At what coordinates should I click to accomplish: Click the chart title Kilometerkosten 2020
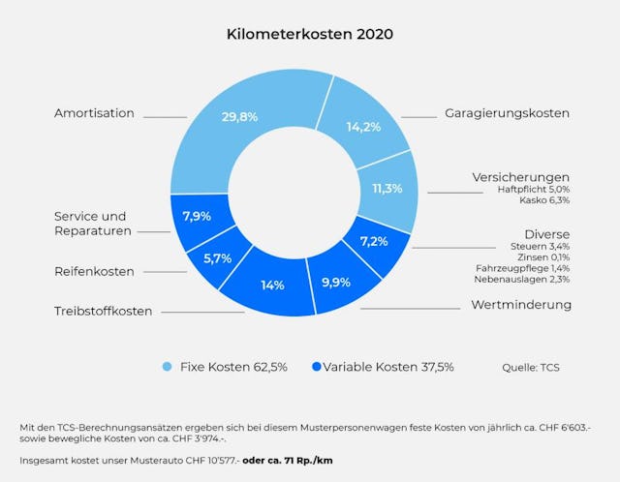click(x=310, y=34)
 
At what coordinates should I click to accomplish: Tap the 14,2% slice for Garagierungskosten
click(x=362, y=127)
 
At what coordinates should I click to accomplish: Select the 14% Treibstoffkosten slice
click(x=273, y=286)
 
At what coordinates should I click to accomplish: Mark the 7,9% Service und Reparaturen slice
click(x=197, y=215)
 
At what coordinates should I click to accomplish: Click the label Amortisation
click(x=94, y=113)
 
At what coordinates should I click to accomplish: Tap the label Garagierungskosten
click(x=507, y=113)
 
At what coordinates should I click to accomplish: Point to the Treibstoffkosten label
click(x=103, y=311)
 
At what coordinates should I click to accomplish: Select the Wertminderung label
click(x=521, y=305)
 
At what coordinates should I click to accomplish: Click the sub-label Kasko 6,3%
click(x=546, y=201)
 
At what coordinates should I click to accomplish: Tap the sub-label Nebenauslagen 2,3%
click(x=521, y=280)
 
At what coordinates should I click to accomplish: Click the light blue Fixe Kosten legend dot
click(x=167, y=367)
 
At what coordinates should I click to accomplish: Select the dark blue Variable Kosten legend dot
click(x=316, y=367)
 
